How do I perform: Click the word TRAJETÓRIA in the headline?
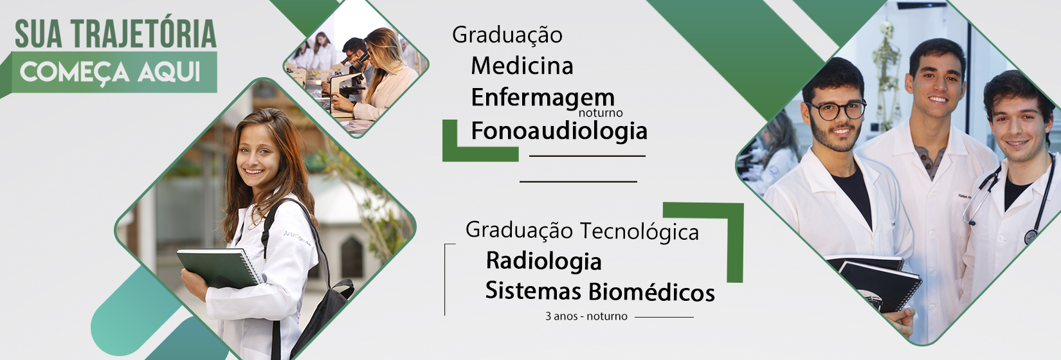coord(144,34)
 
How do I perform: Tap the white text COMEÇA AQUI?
coord(110,73)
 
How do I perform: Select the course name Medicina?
coord(522,66)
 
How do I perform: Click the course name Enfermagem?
coord(543,98)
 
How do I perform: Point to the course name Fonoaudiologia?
coord(559,130)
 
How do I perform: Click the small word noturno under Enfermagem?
coord(601,113)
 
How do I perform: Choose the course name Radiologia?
coord(544,261)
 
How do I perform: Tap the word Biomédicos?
coord(652,291)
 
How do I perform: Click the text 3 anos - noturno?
coord(586,316)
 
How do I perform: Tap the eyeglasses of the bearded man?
coord(837,111)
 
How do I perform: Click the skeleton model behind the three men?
coord(886,76)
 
